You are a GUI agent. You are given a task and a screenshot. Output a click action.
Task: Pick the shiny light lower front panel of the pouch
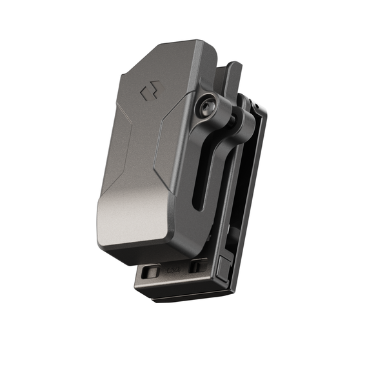(x=132, y=216)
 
